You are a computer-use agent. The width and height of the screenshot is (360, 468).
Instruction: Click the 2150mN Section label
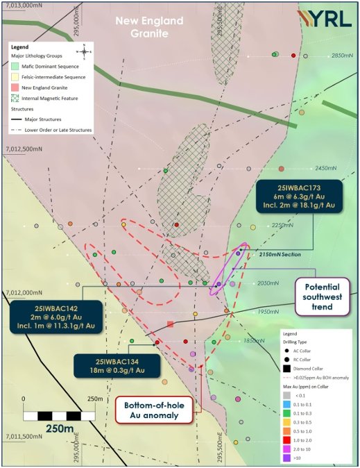pos(280,255)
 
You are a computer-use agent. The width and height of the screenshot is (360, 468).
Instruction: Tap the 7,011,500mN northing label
pos(24,436)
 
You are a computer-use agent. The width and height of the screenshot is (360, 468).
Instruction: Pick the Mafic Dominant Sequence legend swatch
pos(15,66)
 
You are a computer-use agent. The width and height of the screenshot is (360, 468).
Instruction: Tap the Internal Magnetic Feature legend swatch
pos(15,98)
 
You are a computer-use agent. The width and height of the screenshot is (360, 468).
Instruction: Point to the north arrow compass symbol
pos(83,50)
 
